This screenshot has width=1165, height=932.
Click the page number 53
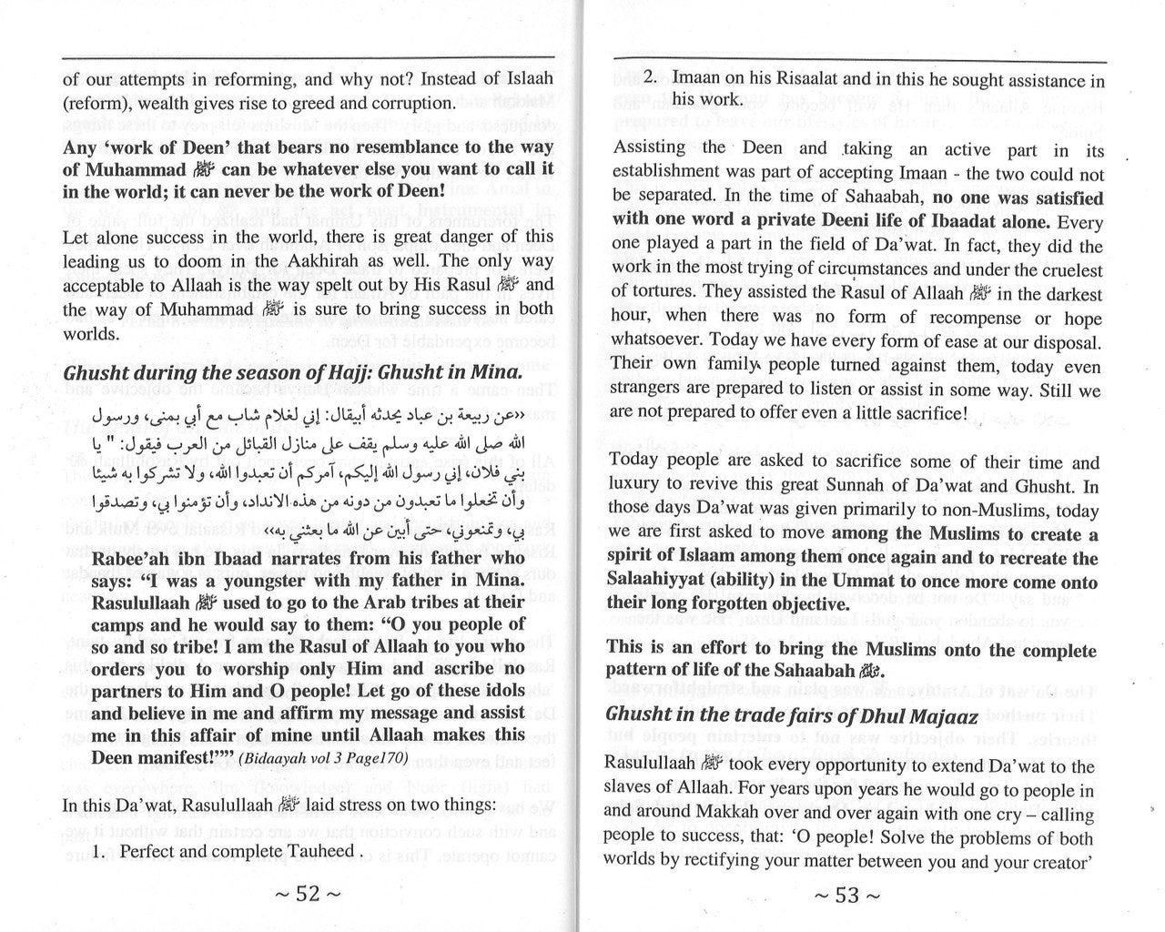point(846,895)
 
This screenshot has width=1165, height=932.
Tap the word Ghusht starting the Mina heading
point(96,374)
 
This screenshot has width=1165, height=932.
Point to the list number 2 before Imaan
point(650,79)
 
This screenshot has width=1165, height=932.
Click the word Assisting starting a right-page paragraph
point(649,148)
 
